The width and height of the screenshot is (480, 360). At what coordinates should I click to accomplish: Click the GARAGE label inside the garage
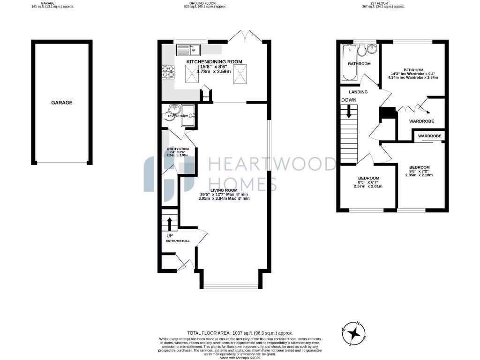62,102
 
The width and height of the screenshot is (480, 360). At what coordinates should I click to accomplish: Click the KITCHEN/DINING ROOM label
214,62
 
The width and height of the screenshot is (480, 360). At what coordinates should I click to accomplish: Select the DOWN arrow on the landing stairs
349,112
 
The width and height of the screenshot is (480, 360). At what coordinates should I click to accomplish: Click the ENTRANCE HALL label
178,241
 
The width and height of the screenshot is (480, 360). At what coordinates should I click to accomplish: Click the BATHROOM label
359,64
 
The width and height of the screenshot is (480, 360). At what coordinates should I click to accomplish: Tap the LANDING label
358,92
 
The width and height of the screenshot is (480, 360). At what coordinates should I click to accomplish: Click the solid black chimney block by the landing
387,113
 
